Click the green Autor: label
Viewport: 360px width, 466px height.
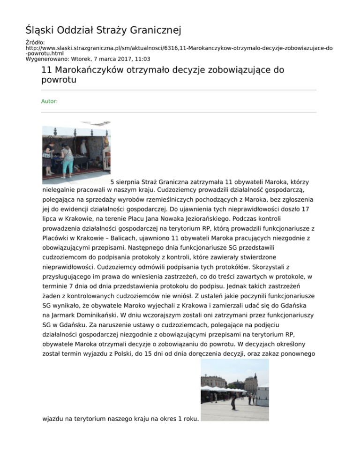(49, 101)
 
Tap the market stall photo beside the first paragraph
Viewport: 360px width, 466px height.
(76, 153)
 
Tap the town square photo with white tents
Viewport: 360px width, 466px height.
(235, 390)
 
